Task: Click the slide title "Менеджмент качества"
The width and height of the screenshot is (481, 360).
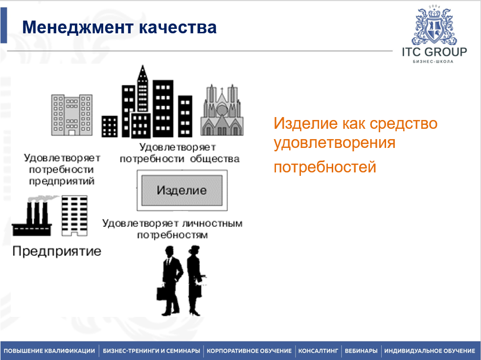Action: coord(119,27)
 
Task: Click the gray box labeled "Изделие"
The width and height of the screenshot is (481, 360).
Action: coord(182,190)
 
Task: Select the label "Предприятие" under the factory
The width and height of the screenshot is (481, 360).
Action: coord(57,252)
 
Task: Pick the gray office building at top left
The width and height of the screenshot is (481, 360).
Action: coord(71,115)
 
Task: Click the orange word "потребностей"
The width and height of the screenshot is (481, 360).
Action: coord(325,167)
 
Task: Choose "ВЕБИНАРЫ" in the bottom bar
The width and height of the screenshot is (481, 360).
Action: coord(361,351)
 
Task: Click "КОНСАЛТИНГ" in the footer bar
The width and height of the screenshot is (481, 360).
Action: coord(318,351)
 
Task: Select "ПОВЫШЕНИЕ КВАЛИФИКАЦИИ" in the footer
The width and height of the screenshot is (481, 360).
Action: coord(49,351)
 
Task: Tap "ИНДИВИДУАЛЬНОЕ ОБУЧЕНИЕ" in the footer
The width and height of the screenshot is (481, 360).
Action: coord(430,351)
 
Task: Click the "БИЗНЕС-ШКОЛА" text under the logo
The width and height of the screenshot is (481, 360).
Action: coord(433,62)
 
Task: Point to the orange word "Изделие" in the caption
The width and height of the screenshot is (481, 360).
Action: coord(302,123)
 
